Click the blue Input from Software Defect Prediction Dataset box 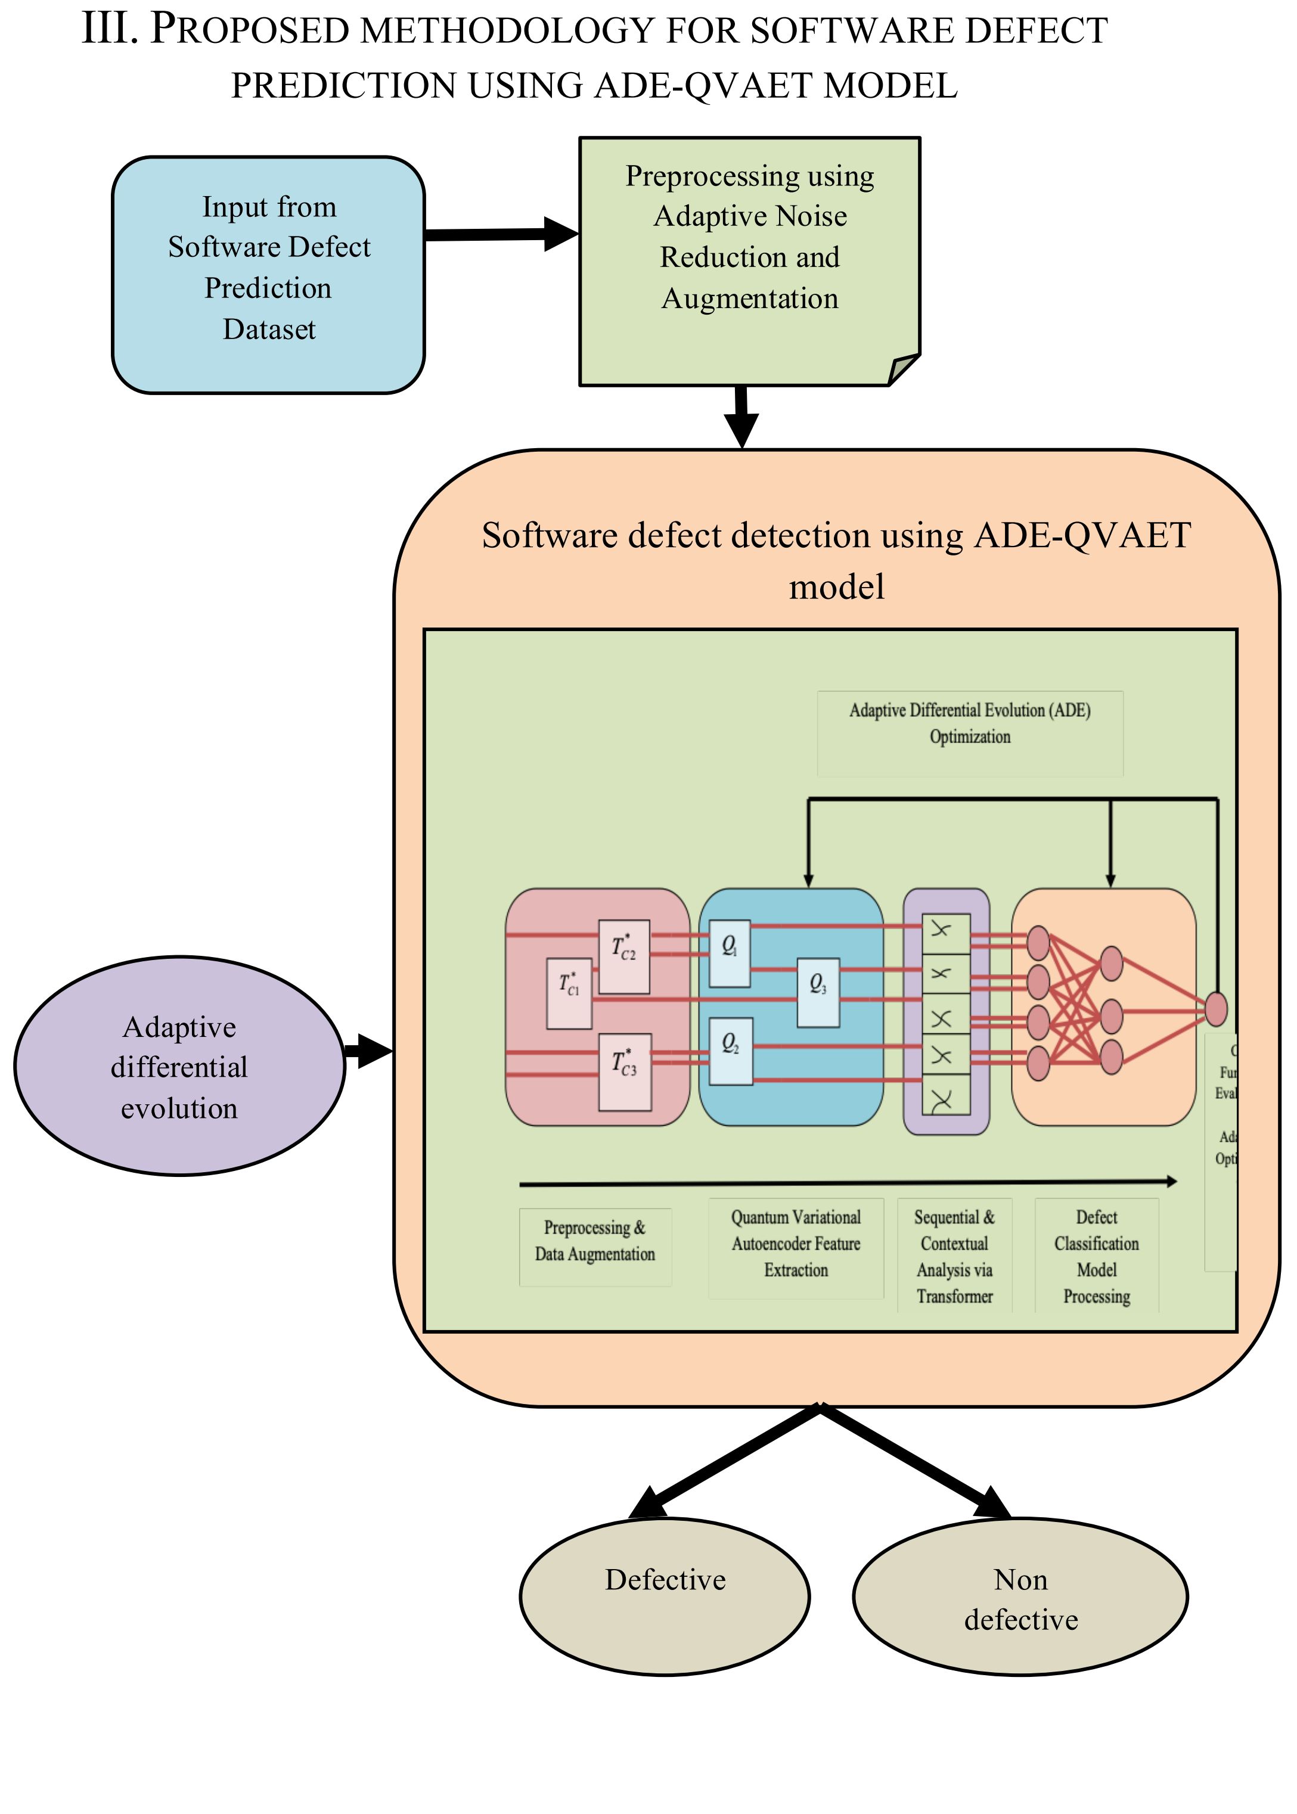click(x=268, y=275)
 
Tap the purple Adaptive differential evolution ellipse click(x=179, y=1066)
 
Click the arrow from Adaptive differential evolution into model click(x=368, y=1051)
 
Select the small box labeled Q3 click(x=818, y=992)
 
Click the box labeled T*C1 click(x=569, y=993)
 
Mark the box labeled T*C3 click(x=625, y=1071)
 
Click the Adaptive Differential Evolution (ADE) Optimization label click(x=970, y=723)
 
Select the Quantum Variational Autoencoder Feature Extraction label click(x=796, y=1243)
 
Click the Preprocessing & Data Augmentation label click(x=595, y=1241)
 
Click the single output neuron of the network click(x=1215, y=1008)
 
